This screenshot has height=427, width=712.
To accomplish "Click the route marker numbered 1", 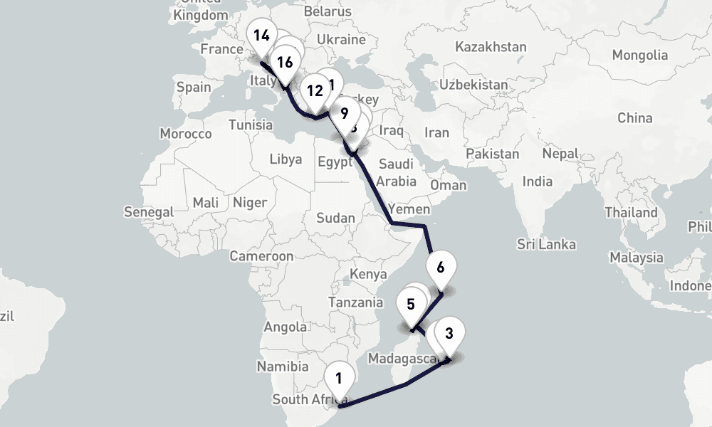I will pyautogui.click(x=338, y=377).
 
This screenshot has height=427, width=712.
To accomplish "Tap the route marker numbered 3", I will pyautogui.click(x=449, y=333).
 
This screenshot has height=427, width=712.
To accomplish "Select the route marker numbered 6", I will pyautogui.click(x=440, y=268).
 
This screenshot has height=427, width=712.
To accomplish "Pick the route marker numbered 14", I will pyautogui.click(x=261, y=35).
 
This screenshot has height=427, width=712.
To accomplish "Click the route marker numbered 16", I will pyautogui.click(x=285, y=62).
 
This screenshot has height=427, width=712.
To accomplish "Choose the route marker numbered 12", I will pyautogui.click(x=315, y=90).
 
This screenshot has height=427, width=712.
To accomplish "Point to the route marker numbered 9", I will pyautogui.click(x=345, y=112).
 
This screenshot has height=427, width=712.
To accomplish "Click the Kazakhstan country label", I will pyautogui.click(x=491, y=47).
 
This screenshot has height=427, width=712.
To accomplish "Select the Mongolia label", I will pyautogui.click(x=639, y=55).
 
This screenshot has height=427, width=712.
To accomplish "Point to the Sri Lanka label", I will pyautogui.click(x=546, y=245).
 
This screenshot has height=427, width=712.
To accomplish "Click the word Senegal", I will pyautogui.click(x=148, y=212).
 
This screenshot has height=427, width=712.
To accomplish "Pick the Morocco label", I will pyautogui.click(x=186, y=134).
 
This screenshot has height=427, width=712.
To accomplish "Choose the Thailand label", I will pyautogui.click(x=631, y=212).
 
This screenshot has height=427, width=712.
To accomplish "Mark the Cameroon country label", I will pyautogui.click(x=261, y=256).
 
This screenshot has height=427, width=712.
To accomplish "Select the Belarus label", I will pyautogui.click(x=328, y=12).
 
